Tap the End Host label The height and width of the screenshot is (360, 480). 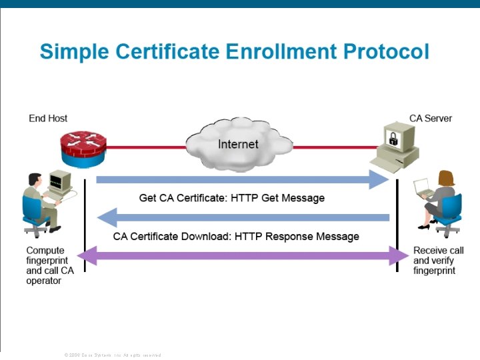click(x=48, y=119)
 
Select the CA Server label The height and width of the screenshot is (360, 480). click(x=431, y=119)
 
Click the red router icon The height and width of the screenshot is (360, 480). click(x=81, y=148)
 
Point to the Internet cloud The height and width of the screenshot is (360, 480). click(x=238, y=145)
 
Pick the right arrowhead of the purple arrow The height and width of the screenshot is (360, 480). click(x=399, y=255)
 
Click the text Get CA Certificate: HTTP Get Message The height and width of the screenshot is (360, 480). click(x=231, y=198)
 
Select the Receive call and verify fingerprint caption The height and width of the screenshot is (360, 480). click(x=438, y=261)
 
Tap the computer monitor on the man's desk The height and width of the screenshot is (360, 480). click(x=60, y=181)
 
